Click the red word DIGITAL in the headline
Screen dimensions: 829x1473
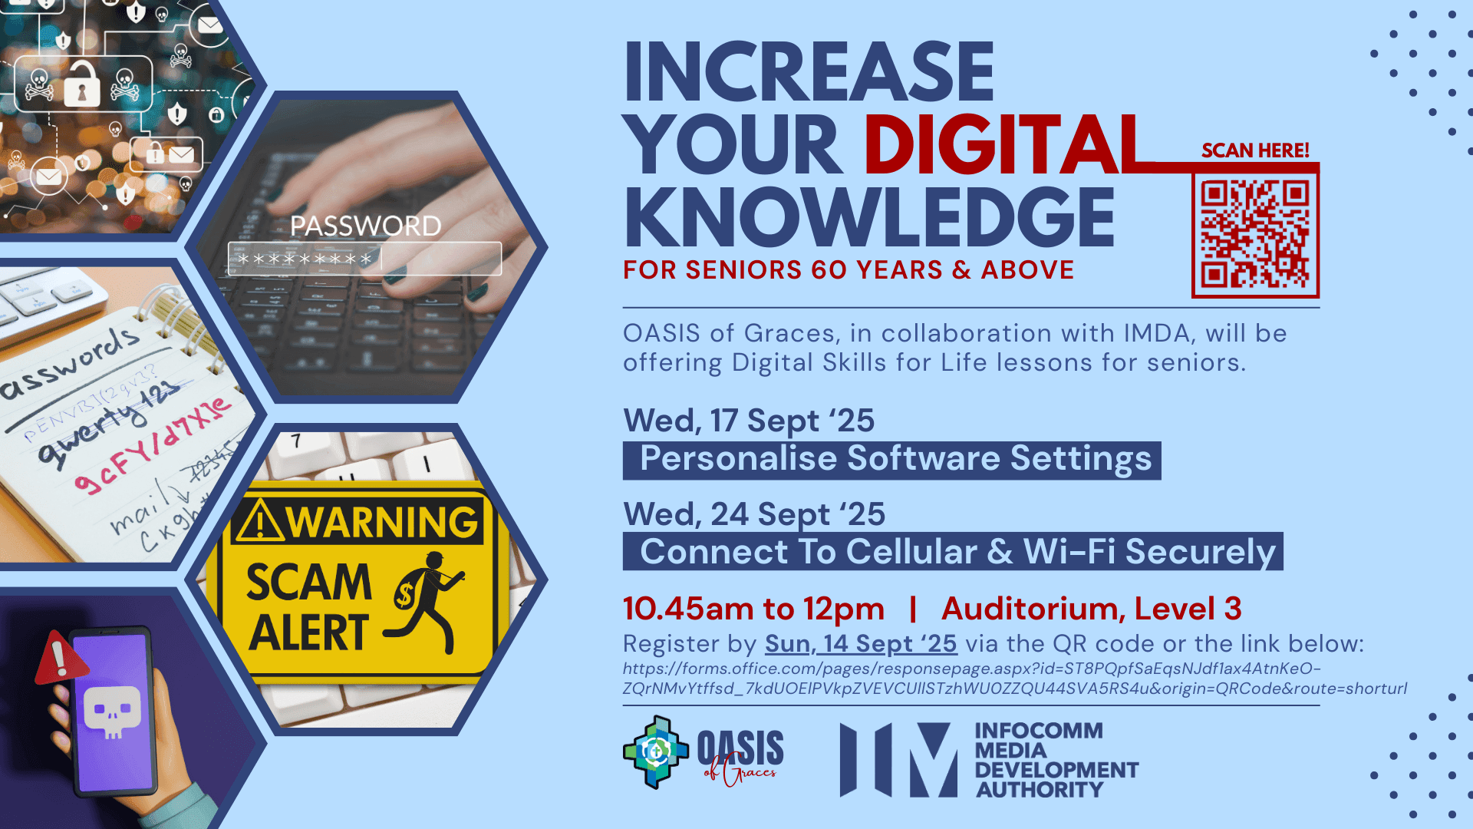coord(1005,144)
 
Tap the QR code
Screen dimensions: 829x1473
coord(1255,234)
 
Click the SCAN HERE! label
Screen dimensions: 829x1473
coord(1255,150)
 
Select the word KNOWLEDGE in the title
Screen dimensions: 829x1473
coord(869,218)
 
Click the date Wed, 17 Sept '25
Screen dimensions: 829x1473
coord(749,421)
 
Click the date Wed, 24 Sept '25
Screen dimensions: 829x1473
coord(754,514)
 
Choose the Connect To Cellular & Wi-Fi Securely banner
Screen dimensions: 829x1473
coord(952,552)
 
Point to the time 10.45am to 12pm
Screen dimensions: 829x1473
coord(753,609)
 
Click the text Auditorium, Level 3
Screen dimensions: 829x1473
coord(1091,609)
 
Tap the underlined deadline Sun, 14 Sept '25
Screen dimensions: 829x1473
coord(860,643)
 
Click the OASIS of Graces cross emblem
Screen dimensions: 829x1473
coord(655,752)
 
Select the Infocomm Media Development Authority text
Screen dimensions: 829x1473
coord(1055,760)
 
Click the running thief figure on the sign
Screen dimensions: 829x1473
coord(426,603)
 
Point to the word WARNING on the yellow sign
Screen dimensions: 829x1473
coord(381,522)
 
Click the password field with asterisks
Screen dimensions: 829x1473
coord(364,259)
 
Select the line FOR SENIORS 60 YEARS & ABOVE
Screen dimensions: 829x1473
coord(848,270)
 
